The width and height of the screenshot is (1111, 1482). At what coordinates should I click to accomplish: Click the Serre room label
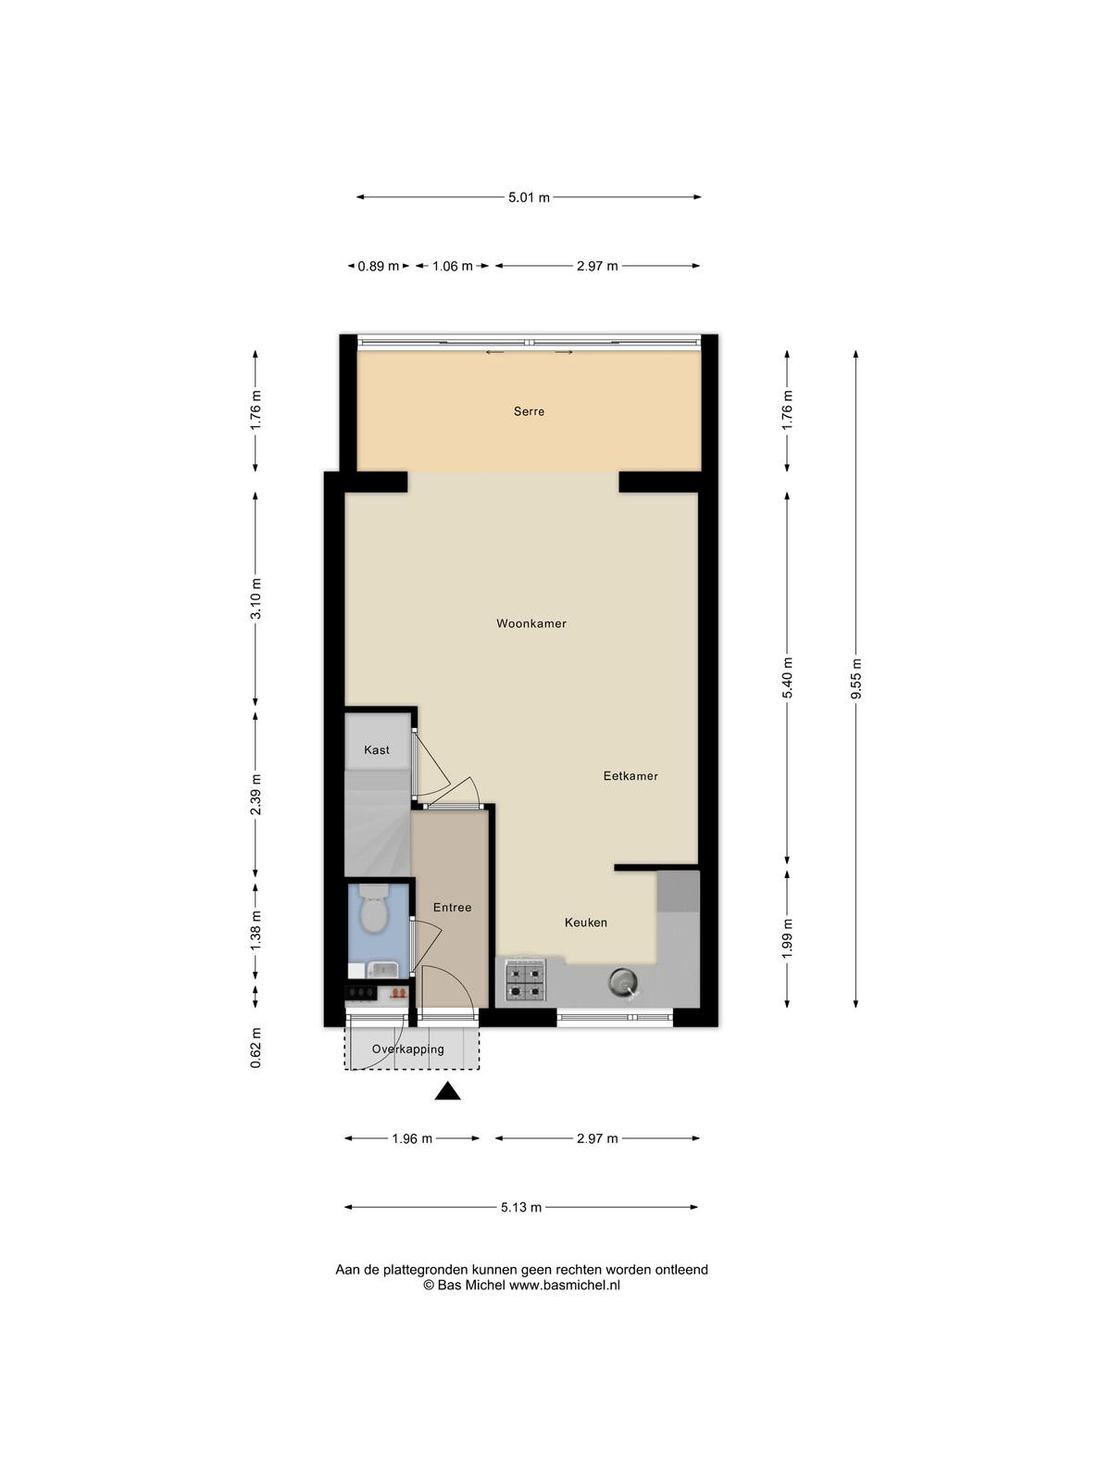pyautogui.click(x=529, y=411)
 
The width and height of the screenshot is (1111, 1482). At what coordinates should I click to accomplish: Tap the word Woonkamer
pyautogui.click(x=531, y=623)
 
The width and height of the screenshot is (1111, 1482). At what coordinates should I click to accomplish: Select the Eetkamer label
pyautogui.click(x=630, y=776)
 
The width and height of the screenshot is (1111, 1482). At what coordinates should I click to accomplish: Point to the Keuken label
pyautogui.click(x=586, y=923)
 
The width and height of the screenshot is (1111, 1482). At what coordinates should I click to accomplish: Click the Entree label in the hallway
pyautogui.click(x=453, y=908)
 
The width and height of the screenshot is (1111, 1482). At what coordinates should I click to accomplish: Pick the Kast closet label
pyautogui.click(x=377, y=749)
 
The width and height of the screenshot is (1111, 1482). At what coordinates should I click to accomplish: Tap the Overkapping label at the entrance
pyautogui.click(x=408, y=1049)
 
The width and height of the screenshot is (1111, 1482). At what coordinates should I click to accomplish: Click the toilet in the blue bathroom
pyautogui.click(x=373, y=910)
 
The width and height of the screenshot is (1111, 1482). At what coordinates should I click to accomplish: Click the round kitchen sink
pyautogui.click(x=621, y=980)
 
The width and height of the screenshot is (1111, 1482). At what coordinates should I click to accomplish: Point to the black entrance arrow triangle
pyautogui.click(x=447, y=1092)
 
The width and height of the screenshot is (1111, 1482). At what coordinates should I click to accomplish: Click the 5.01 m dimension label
pyautogui.click(x=530, y=198)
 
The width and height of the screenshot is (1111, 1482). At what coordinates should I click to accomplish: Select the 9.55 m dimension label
pyautogui.click(x=856, y=680)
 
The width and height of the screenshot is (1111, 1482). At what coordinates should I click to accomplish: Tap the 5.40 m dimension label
pyautogui.click(x=787, y=678)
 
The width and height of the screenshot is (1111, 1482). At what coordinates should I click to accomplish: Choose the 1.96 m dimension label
pyautogui.click(x=412, y=1139)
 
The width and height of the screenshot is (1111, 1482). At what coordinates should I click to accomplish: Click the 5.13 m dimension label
pyautogui.click(x=521, y=1207)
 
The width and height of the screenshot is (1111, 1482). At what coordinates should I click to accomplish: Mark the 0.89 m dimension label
pyautogui.click(x=379, y=266)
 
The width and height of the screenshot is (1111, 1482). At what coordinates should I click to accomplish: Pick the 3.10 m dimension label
pyautogui.click(x=256, y=599)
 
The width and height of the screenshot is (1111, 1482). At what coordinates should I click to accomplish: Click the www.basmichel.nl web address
pyautogui.click(x=564, y=1286)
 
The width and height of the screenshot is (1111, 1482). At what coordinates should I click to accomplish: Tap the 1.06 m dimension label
pyautogui.click(x=453, y=266)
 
